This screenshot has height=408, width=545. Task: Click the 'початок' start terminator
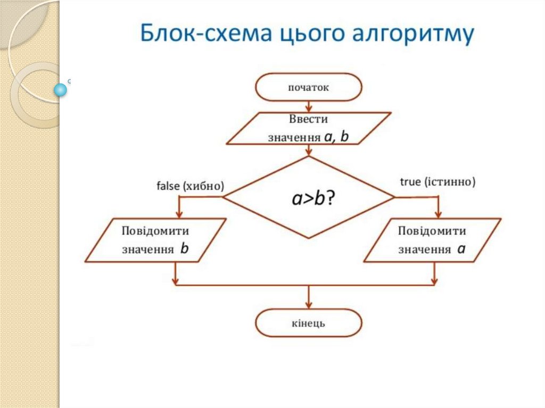(x=309, y=87)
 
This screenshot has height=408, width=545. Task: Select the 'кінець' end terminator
(x=309, y=323)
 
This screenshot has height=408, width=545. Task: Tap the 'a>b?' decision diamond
(x=309, y=197)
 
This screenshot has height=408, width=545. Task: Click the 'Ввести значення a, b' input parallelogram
(x=309, y=128)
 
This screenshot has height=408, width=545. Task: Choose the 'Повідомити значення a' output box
(x=432, y=240)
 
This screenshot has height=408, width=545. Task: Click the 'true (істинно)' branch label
(x=437, y=182)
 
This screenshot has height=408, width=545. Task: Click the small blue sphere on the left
(x=61, y=90)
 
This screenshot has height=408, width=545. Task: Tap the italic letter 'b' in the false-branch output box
(x=185, y=248)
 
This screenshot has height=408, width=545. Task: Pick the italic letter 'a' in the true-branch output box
(x=461, y=248)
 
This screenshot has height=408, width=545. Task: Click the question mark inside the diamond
(x=331, y=198)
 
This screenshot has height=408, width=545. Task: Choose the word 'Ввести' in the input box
(x=309, y=118)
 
